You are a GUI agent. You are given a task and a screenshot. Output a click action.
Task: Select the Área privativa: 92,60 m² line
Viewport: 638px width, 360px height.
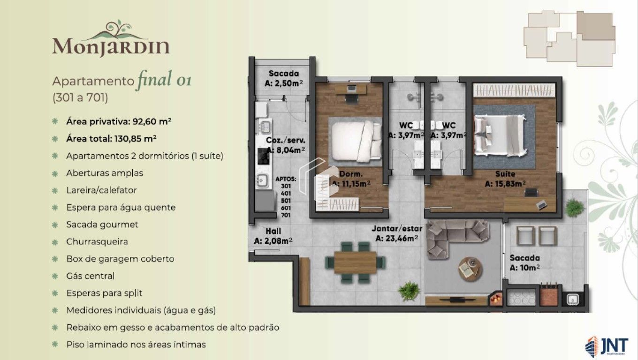click(x=118, y=121)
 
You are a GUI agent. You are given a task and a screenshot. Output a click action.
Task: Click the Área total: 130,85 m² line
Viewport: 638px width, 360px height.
click(x=111, y=138)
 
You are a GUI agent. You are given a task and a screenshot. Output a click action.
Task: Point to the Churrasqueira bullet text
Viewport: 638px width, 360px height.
click(x=97, y=241)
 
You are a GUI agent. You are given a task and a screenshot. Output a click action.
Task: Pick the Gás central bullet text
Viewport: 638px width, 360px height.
click(x=90, y=276)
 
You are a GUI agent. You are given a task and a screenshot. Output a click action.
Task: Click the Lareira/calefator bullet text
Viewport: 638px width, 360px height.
click(x=101, y=190)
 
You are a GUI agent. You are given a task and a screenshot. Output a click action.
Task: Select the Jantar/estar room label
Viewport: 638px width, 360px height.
click(x=397, y=229)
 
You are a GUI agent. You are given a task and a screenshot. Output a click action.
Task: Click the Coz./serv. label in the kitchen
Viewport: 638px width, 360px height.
click(x=285, y=140)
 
